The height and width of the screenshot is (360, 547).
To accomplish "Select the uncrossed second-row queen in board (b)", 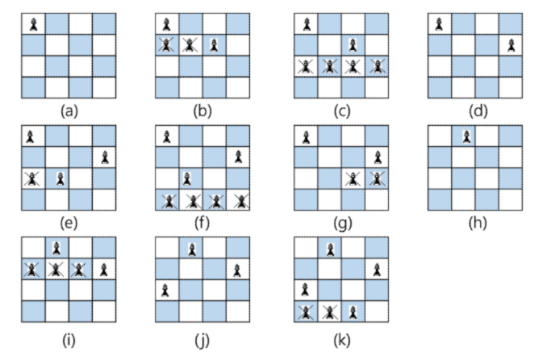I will tap(214, 45).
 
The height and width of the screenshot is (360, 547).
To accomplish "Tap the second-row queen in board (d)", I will tap(510, 45).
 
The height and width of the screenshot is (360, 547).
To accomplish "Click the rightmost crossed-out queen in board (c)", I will tap(374, 66).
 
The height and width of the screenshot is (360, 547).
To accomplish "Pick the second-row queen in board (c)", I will tap(352, 45).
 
